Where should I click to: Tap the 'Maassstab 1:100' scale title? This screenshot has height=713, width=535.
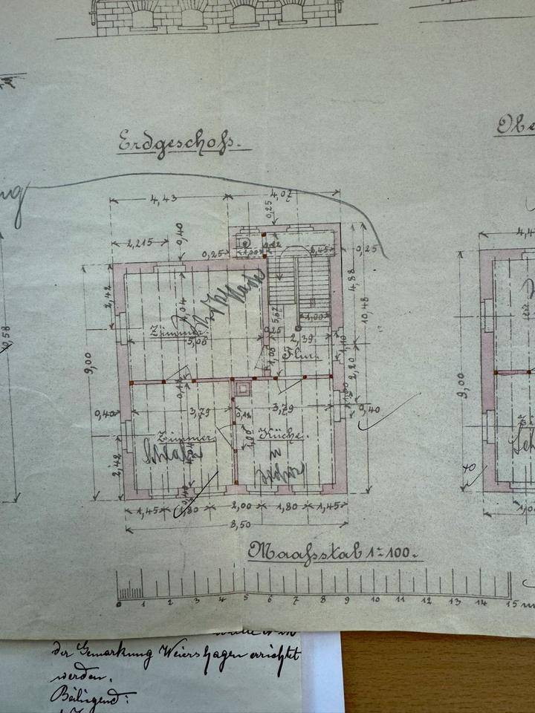point(334,552)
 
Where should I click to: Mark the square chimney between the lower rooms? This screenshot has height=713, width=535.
point(241,387)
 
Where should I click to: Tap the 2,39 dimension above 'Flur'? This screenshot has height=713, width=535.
point(299,340)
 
